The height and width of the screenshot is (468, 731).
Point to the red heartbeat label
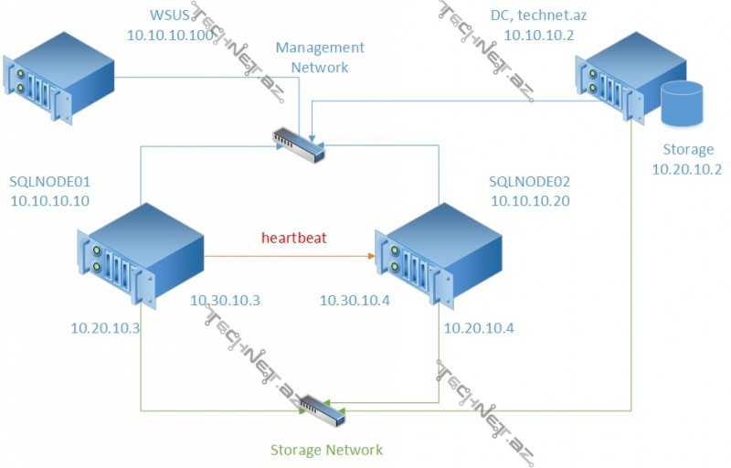[x=294, y=238]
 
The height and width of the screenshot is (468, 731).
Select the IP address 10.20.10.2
[x=687, y=168]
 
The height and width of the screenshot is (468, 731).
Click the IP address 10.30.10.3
[x=225, y=299]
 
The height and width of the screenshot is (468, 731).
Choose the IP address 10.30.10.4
[x=355, y=299]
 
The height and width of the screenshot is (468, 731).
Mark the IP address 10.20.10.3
[x=106, y=327]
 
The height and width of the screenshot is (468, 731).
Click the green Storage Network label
[x=326, y=449]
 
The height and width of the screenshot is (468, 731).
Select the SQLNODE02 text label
[x=530, y=181]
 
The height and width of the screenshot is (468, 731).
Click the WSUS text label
[x=172, y=15]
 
